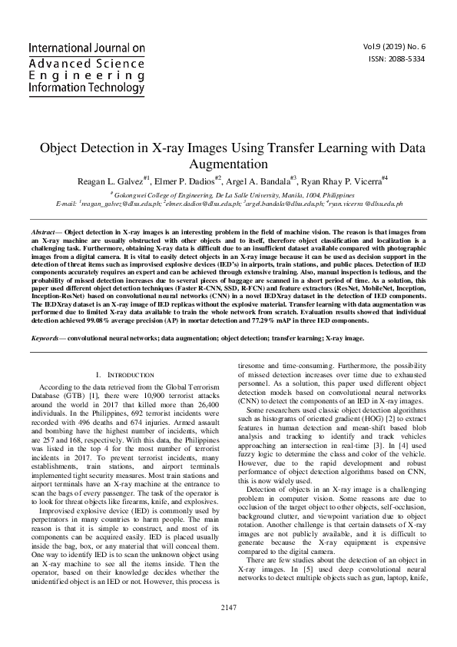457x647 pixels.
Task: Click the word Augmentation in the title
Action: pos(228,164)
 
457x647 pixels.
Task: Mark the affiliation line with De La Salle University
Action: pos(228,195)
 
